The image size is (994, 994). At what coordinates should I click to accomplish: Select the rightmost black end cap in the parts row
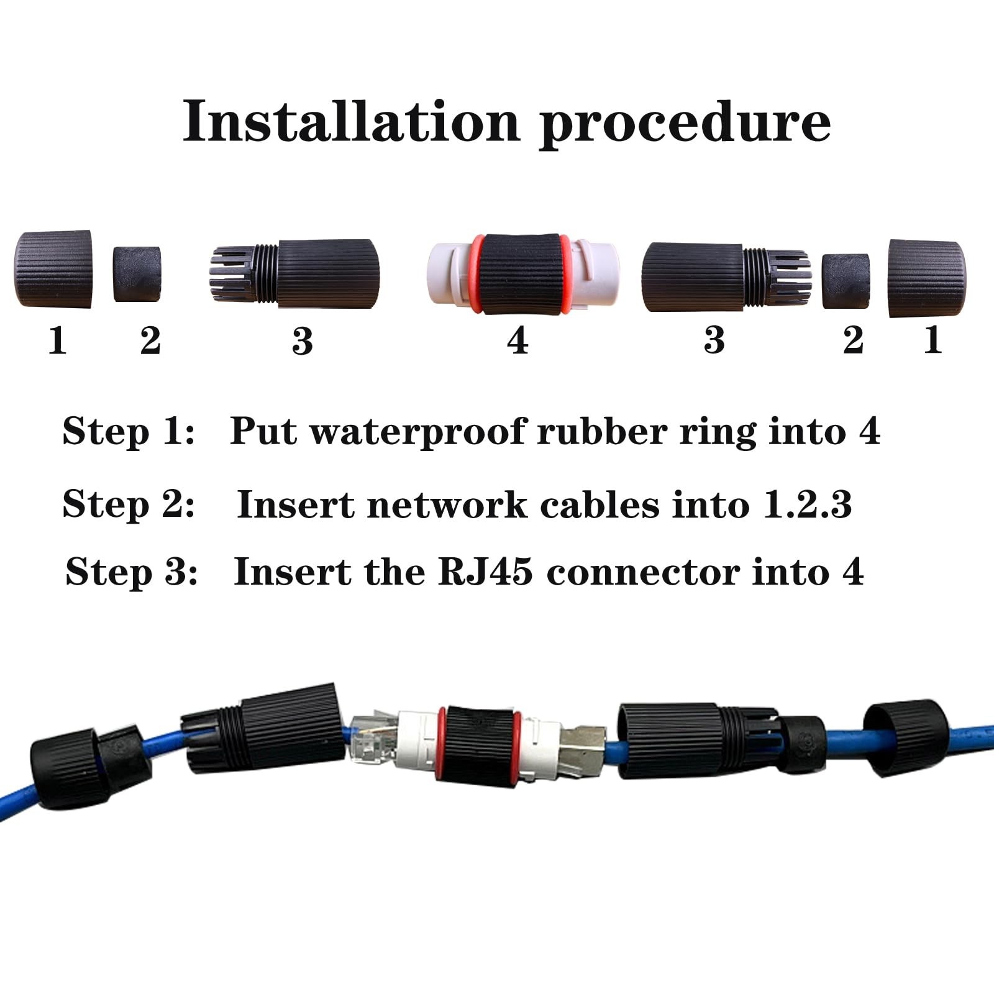926,277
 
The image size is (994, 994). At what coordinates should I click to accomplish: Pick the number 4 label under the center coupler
518,340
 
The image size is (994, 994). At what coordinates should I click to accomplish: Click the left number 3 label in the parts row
303,341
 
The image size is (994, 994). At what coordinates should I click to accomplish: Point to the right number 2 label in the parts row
853,340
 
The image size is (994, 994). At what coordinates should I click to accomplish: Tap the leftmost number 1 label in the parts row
57,340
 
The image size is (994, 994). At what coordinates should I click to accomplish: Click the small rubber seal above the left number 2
137,274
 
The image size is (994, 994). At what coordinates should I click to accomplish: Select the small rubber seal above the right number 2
846,281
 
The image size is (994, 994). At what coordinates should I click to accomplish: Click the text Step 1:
129,431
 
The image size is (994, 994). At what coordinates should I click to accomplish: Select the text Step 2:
129,503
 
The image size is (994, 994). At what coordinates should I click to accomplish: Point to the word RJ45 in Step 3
485,572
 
